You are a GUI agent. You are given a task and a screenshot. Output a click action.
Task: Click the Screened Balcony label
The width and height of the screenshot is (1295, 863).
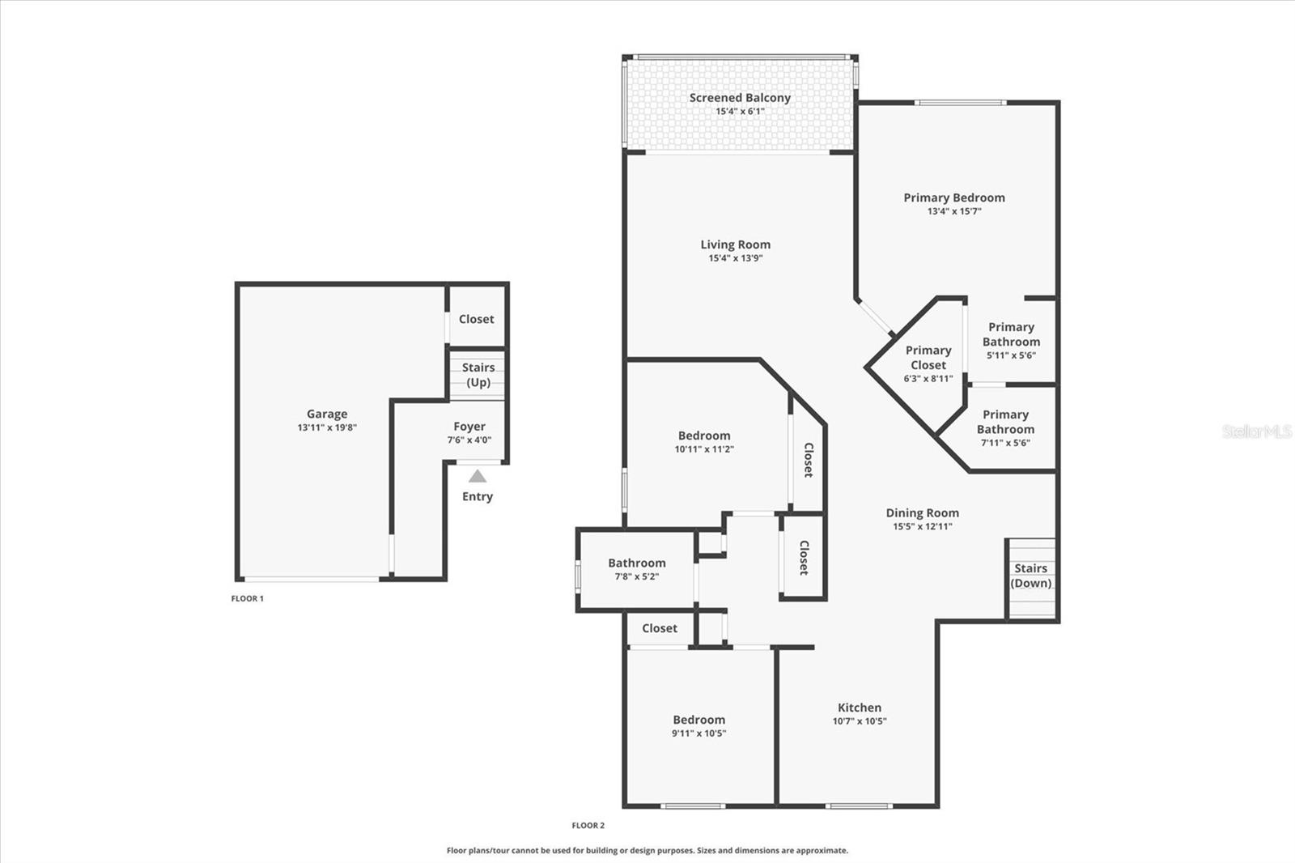coord(740,98)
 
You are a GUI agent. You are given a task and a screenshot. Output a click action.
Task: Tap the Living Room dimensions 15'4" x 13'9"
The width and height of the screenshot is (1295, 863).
coord(735,258)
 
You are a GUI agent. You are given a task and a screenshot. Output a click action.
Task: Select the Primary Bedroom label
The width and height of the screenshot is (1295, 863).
coord(954,198)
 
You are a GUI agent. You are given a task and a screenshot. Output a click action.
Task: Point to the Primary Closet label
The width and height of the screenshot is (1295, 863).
coord(928,358)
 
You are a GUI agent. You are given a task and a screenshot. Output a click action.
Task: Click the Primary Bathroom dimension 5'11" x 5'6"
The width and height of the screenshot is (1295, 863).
coord(1011,355)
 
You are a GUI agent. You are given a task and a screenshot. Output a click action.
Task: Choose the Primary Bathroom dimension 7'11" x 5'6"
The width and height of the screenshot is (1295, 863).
coord(1005,443)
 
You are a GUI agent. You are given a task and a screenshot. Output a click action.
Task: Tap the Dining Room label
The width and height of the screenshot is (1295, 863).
coord(922,512)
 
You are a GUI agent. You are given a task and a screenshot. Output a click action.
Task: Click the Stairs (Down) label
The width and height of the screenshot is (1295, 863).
coord(1031,576)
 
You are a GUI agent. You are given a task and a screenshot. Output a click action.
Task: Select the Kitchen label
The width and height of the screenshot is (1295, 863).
coord(860,708)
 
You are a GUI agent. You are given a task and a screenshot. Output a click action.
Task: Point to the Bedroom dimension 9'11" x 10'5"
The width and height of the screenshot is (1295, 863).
coord(699,733)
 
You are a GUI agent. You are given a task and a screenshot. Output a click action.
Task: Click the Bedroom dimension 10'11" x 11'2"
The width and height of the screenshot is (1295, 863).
coord(704,449)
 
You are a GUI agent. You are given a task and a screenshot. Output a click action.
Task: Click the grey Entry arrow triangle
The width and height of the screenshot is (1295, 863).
coord(478,476)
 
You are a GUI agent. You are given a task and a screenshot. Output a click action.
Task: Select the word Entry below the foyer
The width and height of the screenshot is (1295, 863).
coord(478,496)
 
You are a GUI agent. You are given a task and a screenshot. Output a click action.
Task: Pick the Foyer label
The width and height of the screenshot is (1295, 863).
coord(469,427)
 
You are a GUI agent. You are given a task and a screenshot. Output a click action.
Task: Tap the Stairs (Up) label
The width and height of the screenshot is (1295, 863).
coord(478,375)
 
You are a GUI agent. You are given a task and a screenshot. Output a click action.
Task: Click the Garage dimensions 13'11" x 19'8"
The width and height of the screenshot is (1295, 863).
coord(327,427)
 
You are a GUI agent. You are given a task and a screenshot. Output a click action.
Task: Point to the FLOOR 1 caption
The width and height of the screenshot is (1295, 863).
coord(248,598)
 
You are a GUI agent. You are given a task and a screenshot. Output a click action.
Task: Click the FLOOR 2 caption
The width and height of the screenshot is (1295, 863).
coord(588,826)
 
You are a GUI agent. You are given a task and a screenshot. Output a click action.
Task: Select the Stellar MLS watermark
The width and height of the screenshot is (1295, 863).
coord(1257,431)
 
